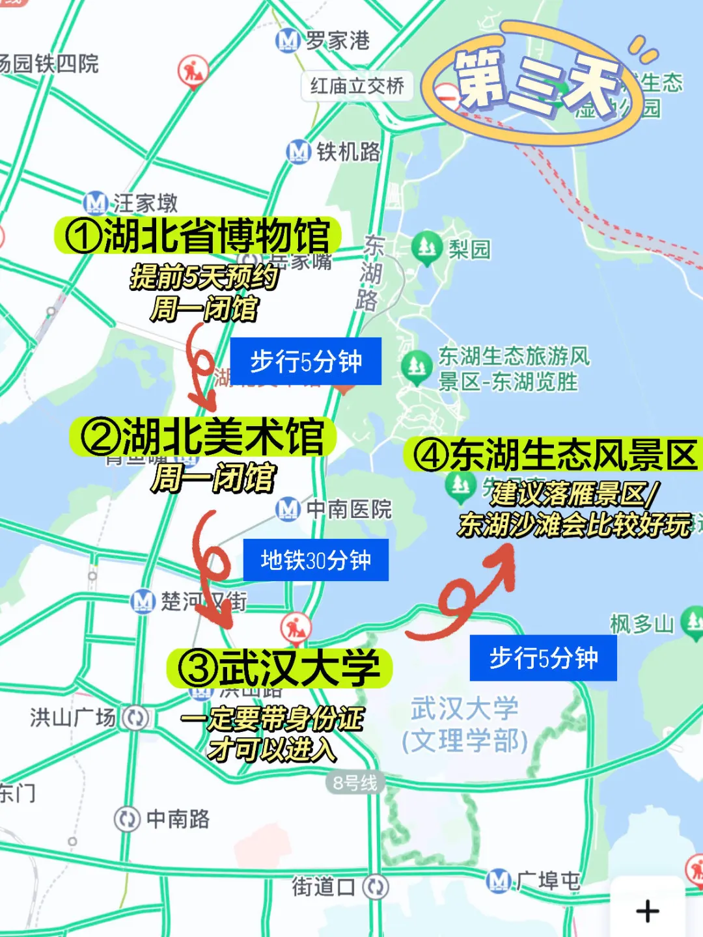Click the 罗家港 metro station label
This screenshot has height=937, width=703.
click(337, 40)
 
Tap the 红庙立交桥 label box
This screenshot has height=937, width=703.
click(357, 86)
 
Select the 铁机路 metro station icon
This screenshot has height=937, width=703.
click(298, 152)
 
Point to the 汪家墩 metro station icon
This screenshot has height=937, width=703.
click(95, 203)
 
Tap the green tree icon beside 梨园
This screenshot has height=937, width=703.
click(426, 248)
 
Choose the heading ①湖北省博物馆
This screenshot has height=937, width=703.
click(198, 236)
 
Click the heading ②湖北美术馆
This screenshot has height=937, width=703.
click(202, 437)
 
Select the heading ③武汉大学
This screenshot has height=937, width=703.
click(280, 668)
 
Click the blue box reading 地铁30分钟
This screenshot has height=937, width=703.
click(316, 560)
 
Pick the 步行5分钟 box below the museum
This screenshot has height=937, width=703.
click(305, 361)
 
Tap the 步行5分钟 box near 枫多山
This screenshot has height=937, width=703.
click(543, 657)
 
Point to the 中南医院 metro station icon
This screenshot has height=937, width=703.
click(287, 508)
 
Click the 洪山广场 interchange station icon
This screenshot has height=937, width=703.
click(136, 718)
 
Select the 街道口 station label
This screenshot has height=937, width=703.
click(324, 886)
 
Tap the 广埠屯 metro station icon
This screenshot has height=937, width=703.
click(498, 880)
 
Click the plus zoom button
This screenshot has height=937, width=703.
click(647, 911)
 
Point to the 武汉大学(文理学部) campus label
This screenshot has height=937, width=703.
click(465, 724)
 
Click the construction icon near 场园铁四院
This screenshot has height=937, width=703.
click(193, 70)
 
